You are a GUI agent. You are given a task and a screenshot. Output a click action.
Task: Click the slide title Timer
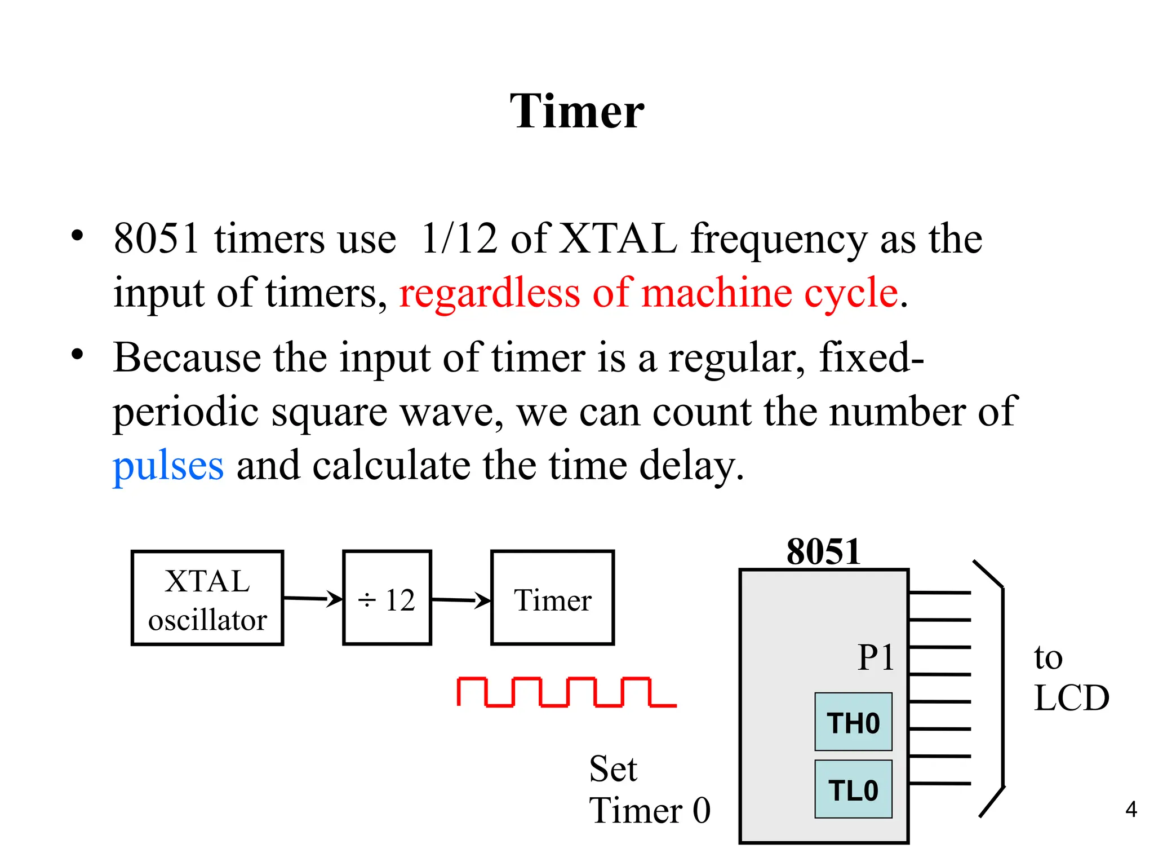(576, 111)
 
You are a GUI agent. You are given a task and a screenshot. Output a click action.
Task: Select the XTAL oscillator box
(207, 598)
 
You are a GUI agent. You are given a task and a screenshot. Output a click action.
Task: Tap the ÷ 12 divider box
(387, 598)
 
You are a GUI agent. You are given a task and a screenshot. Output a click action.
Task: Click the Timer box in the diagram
(552, 598)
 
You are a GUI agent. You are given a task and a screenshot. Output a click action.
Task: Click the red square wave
(566, 692)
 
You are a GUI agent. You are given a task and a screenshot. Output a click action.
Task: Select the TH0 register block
(853, 722)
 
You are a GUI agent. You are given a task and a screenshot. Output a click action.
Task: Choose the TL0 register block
(853, 789)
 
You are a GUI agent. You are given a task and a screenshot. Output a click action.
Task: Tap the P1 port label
(876, 657)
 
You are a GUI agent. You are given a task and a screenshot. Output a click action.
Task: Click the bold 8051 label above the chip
(823, 551)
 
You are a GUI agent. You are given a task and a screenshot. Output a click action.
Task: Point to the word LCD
(1072, 698)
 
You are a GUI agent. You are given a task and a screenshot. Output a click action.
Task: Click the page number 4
(1131, 810)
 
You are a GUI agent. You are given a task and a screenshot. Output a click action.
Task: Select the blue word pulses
(168, 466)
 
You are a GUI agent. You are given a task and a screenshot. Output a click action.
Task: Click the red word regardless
(490, 293)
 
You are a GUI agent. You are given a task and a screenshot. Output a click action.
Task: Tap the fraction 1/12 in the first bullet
(459, 238)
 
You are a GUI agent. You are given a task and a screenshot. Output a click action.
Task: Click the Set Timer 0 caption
(649, 789)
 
